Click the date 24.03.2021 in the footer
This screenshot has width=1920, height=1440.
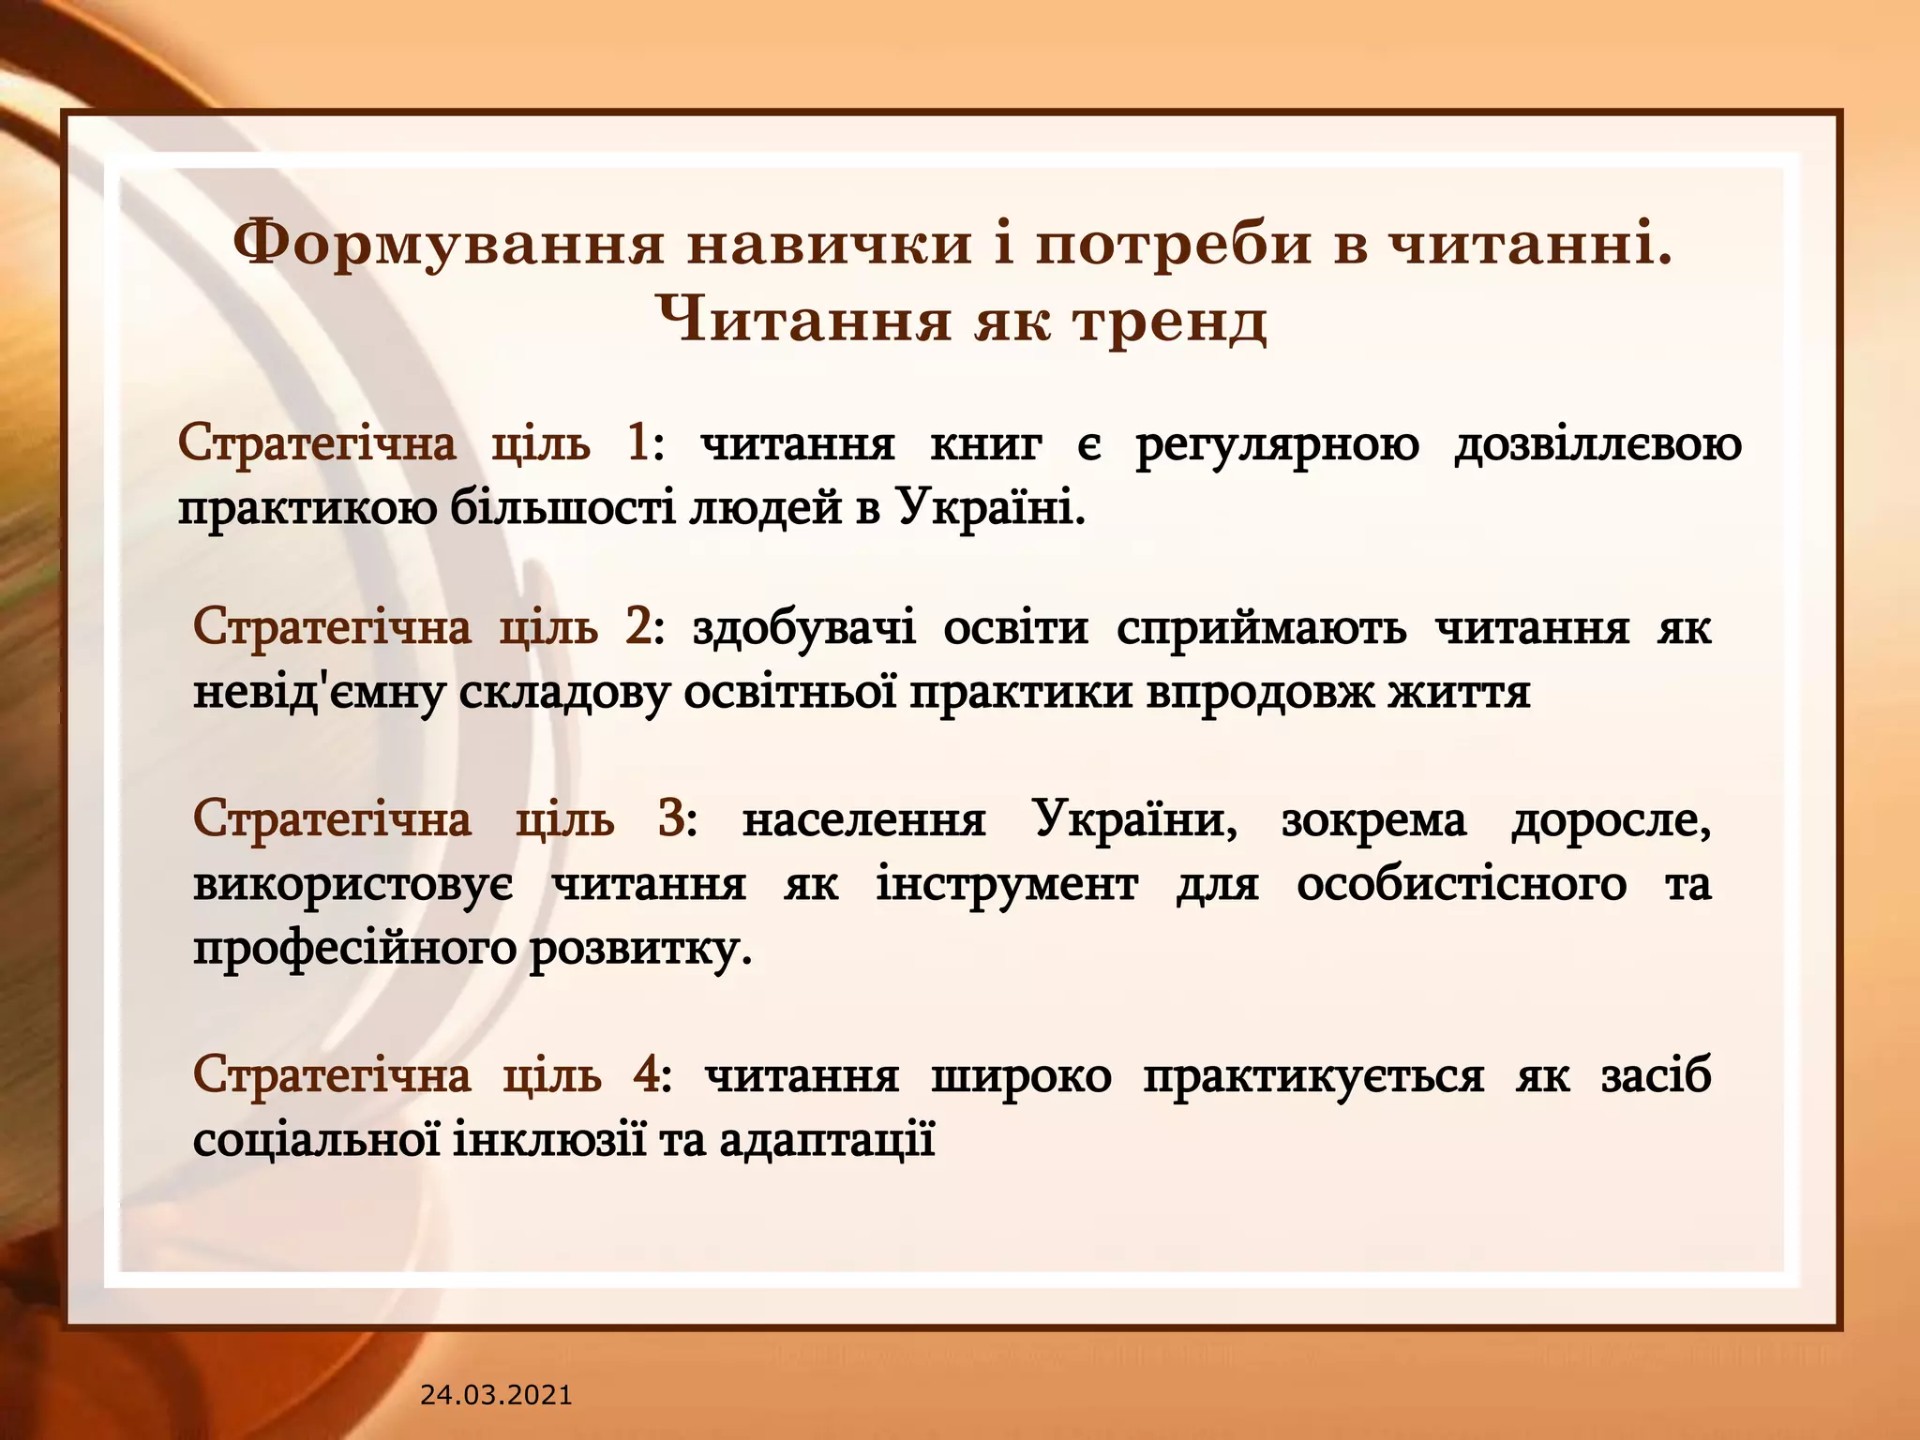pos(495,1395)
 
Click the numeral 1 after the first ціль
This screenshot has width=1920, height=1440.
pos(637,442)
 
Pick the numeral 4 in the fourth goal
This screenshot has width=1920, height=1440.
pos(646,1074)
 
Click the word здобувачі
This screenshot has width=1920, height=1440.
pos(803,627)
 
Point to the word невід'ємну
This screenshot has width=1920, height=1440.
pos(318,693)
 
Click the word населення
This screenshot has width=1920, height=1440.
pos(863,819)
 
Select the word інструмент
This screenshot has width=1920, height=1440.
pos(1007,883)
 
